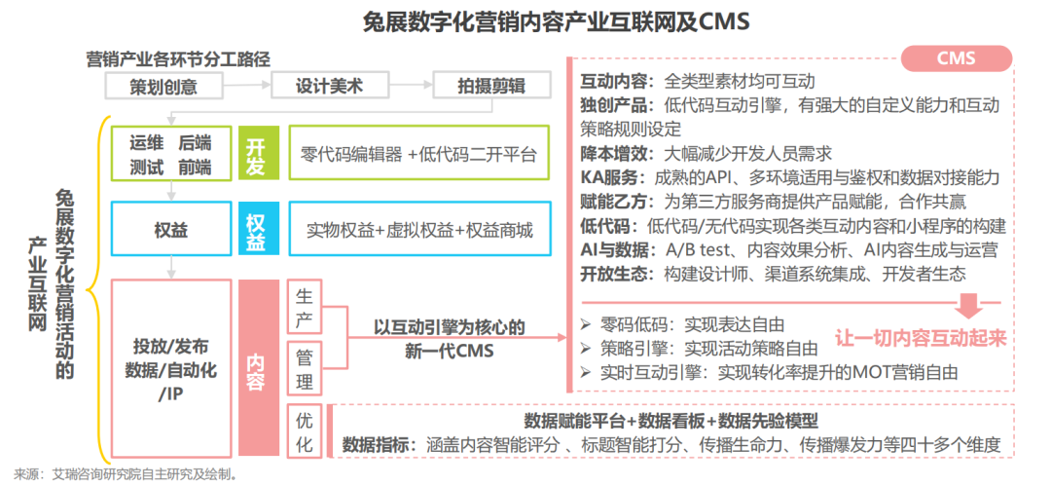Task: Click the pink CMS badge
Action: pyautogui.click(x=957, y=58)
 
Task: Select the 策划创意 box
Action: pyautogui.click(x=163, y=86)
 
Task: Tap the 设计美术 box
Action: pyautogui.click(x=331, y=86)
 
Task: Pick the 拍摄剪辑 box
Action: pyautogui.click(x=492, y=86)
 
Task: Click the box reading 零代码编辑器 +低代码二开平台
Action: pyautogui.click(x=419, y=152)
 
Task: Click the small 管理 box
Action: pyautogui.click(x=304, y=368)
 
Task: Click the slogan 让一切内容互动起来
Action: pyautogui.click(x=921, y=337)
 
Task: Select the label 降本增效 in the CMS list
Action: pyautogui.click(x=613, y=153)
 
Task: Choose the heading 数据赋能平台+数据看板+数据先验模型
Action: pyautogui.click(x=670, y=421)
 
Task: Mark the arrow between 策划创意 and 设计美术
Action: pyautogui.click(x=246, y=86)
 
